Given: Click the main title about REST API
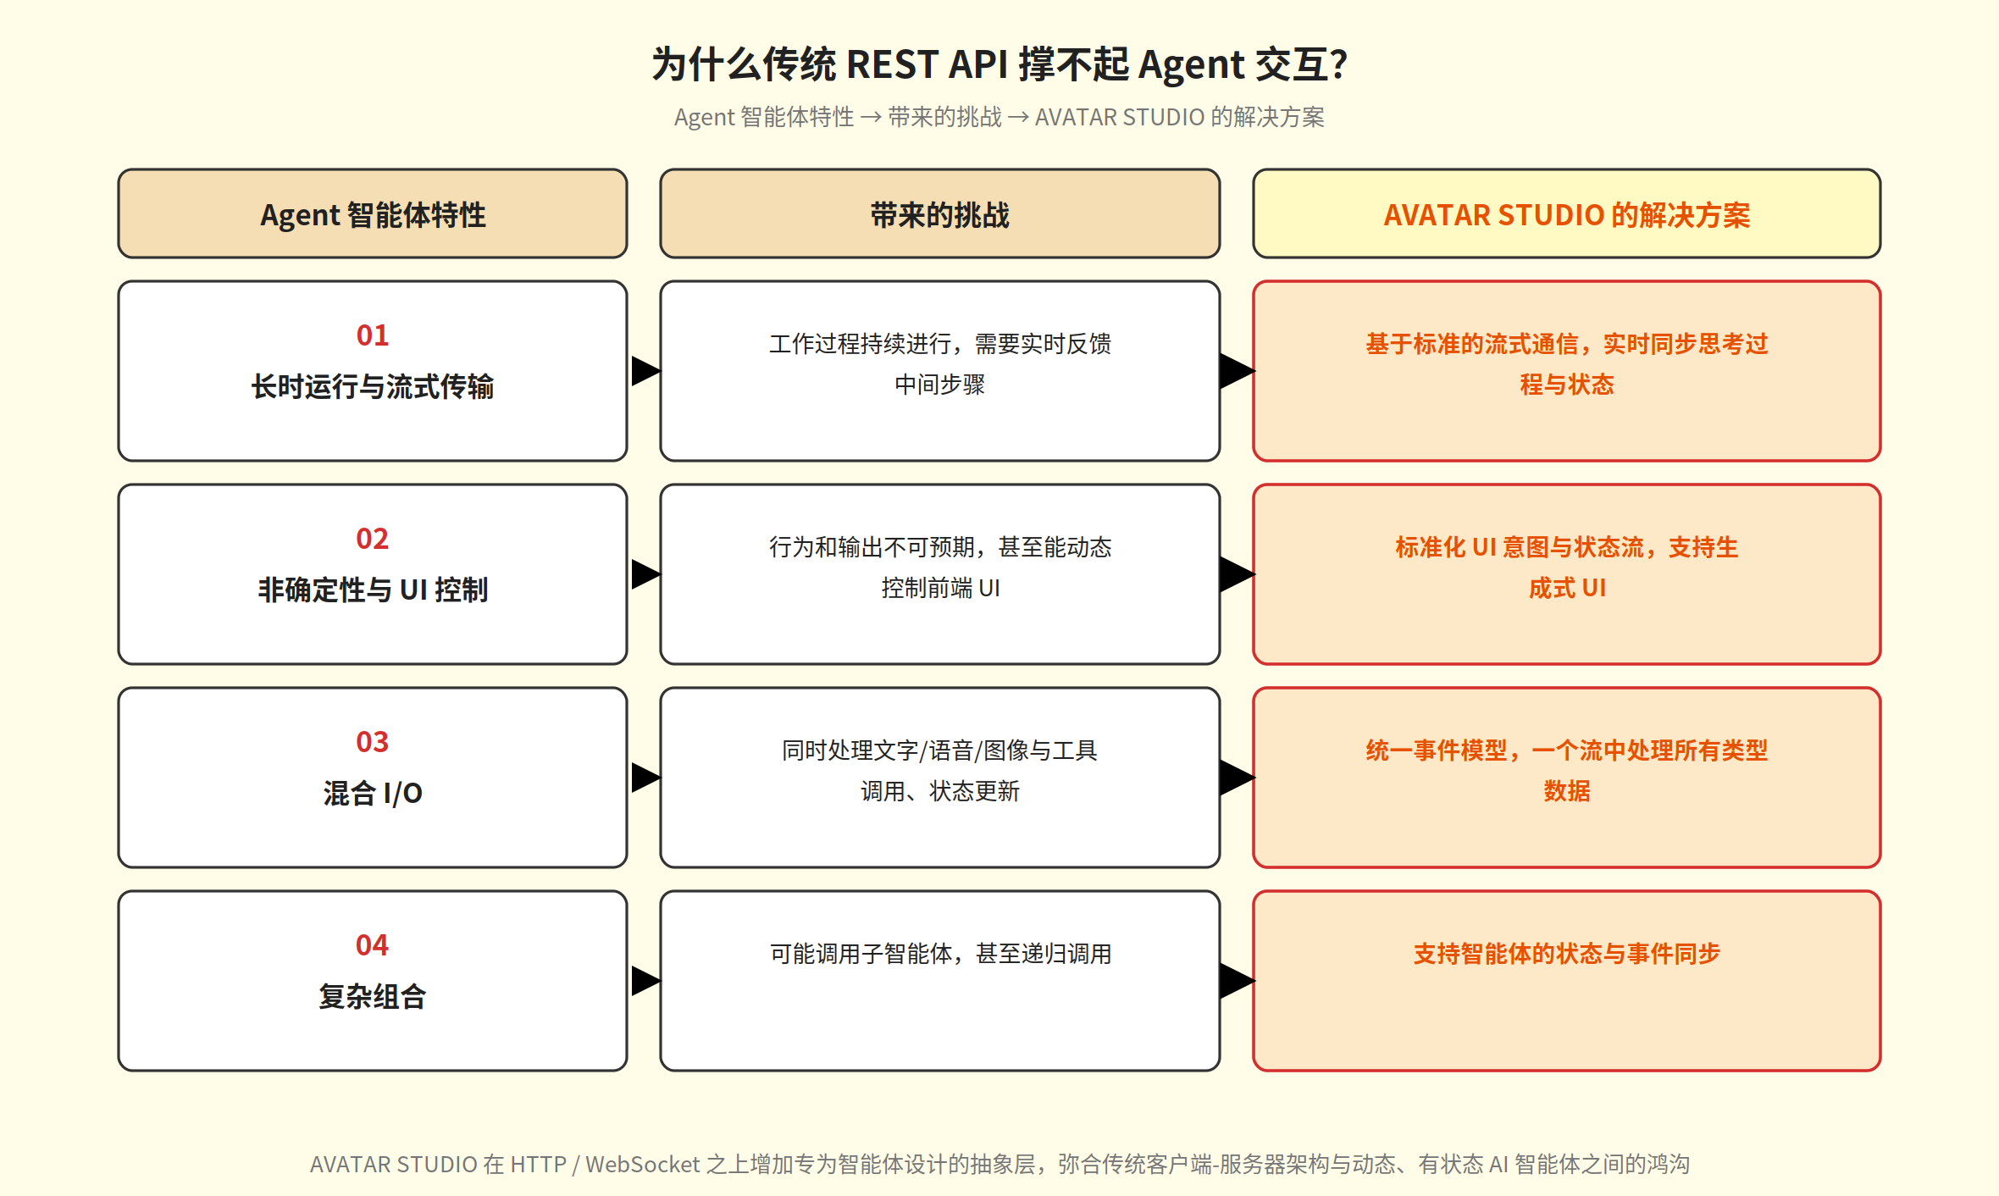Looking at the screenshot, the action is (1000, 64).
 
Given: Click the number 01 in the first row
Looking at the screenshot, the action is (373, 335).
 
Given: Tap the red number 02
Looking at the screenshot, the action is (373, 539).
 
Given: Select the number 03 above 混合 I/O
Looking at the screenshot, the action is (373, 742).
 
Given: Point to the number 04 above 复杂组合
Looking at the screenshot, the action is (373, 945).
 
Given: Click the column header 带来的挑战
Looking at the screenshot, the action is (940, 215).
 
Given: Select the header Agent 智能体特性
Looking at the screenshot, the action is (373, 215).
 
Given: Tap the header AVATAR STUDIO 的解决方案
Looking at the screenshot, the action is (1567, 215).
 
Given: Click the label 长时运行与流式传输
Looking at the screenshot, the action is (373, 386).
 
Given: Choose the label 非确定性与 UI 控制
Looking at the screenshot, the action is (373, 590).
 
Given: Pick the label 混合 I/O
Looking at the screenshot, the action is (373, 793).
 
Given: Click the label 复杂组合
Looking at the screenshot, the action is (373, 996).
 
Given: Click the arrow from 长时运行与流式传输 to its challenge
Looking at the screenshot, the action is (645, 371).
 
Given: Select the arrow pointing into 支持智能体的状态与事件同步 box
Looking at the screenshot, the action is (1238, 981).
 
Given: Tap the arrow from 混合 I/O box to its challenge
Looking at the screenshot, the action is (645, 778).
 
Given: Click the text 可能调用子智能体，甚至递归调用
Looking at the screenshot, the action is (940, 954).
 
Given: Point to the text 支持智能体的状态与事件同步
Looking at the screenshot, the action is (1567, 954).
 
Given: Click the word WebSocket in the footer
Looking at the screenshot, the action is (643, 1165).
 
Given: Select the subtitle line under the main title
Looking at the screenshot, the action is (1000, 117).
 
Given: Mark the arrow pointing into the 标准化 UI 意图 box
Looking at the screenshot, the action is (1238, 574).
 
